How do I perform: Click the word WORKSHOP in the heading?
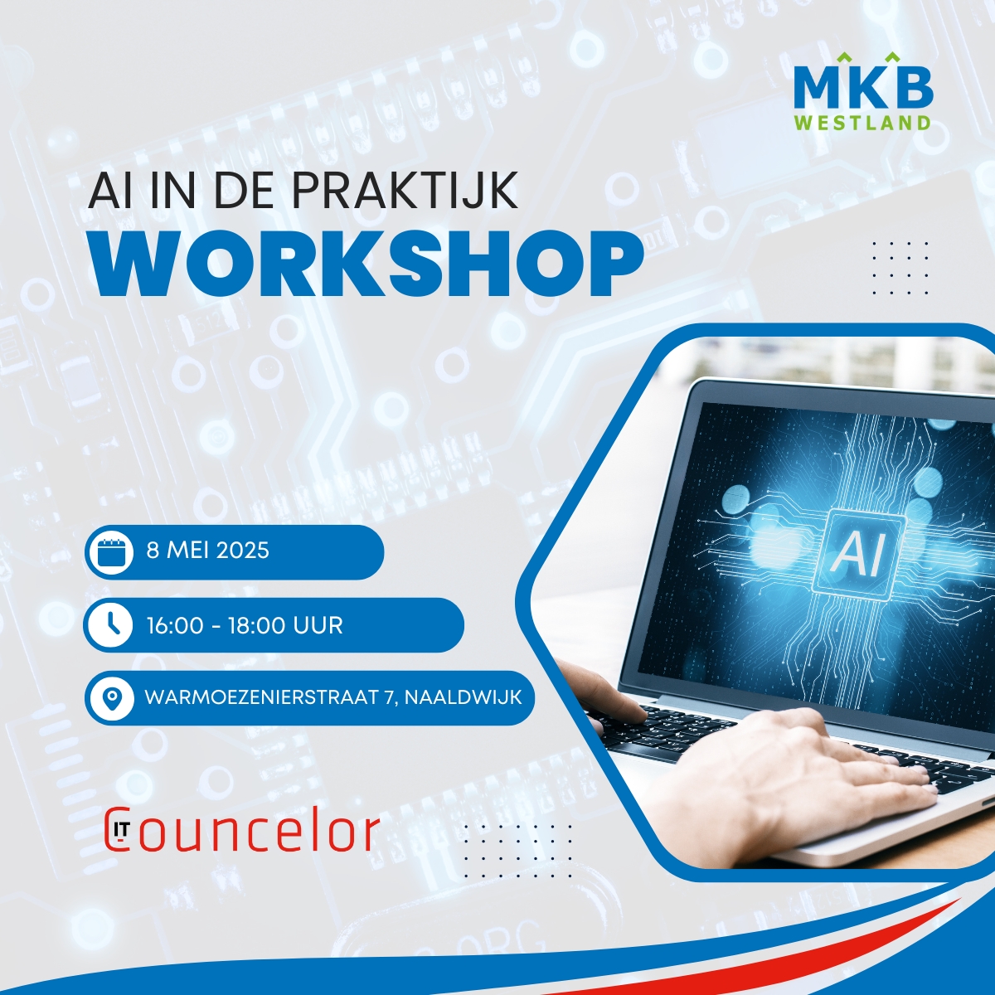[x=369, y=264]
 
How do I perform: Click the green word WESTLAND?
[x=863, y=123]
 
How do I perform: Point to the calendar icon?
[x=112, y=551]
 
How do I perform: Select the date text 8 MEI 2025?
[x=208, y=551]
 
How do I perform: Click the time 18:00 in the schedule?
[x=256, y=625]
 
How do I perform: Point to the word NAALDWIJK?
[x=464, y=697]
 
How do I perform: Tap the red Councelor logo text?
[x=242, y=832]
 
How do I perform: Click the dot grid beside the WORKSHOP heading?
[x=900, y=268]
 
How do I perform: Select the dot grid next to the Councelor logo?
[x=518, y=851]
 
